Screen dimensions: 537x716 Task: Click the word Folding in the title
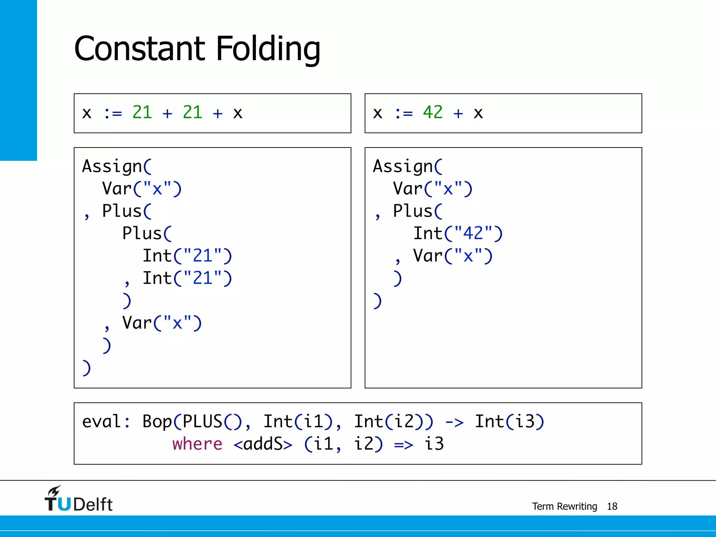click(x=268, y=49)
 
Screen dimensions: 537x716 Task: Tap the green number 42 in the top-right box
click(x=432, y=113)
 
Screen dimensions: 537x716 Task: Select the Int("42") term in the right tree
click(x=458, y=234)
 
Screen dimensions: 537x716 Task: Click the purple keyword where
click(x=197, y=444)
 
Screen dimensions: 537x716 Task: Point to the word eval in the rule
click(x=102, y=422)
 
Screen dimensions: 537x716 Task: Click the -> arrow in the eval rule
click(x=454, y=422)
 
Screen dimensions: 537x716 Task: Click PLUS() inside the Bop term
click(x=212, y=422)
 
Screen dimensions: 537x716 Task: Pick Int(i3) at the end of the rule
click(x=509, y=422)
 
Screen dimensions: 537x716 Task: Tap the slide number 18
click(x=612, y=506)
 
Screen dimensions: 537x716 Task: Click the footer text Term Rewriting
click(x=564, y=506)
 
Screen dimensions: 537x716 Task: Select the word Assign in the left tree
click(x=112, y=166)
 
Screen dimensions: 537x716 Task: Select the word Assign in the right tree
click(x=403, y=166)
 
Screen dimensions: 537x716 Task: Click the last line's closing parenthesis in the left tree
click(x=86, y=368)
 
